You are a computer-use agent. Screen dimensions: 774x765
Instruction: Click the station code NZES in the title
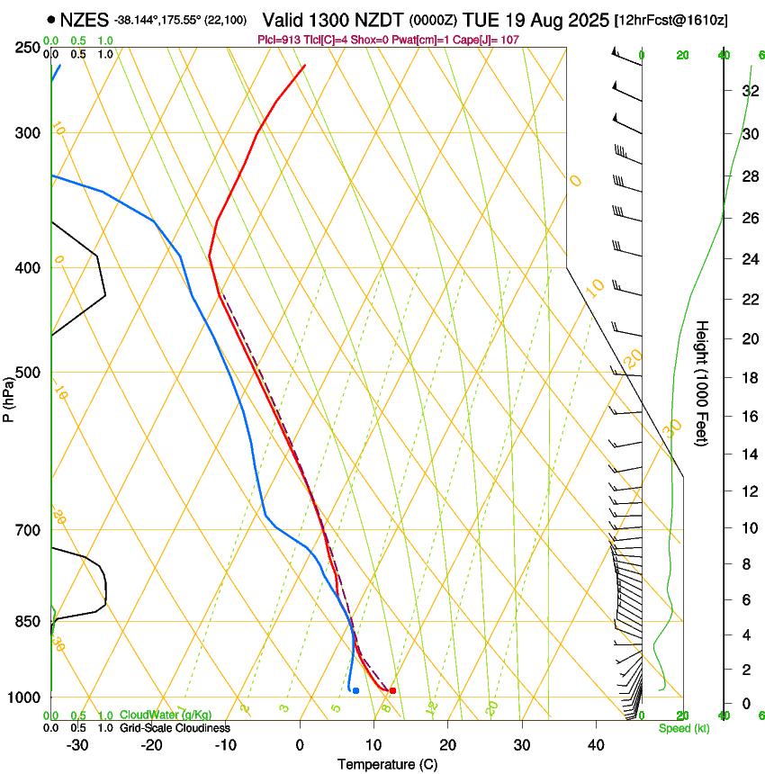point(85,19)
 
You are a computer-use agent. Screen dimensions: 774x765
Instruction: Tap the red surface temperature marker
point(392,690)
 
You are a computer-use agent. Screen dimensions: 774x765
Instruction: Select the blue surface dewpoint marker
point(356,690)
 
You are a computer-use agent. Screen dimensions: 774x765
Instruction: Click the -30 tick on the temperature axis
point(77,745)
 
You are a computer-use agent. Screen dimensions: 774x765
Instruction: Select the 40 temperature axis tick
point(596,745)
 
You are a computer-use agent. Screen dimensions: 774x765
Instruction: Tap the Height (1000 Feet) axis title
point(703,383)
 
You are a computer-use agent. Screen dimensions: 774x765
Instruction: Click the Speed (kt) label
point(683,728)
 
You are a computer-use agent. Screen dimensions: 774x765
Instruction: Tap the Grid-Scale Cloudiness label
point(175,728)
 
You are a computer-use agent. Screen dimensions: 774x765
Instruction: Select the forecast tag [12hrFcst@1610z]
point(670,20)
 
